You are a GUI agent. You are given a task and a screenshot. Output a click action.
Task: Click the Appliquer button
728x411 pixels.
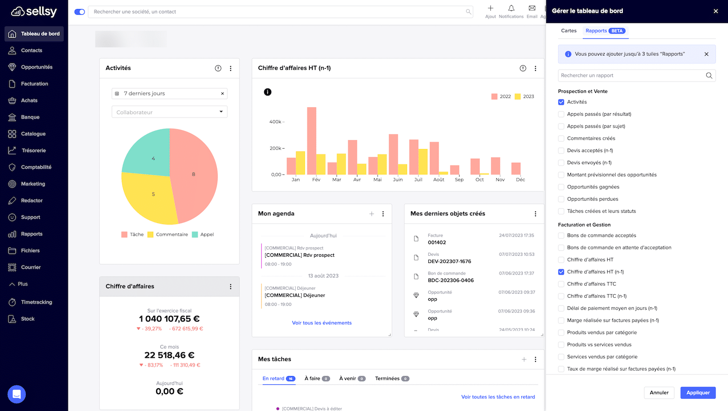[698, 392]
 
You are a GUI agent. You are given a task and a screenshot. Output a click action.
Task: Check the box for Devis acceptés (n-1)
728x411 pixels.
[561, 151]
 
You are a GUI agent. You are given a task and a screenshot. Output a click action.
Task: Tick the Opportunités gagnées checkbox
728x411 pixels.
[561, 187]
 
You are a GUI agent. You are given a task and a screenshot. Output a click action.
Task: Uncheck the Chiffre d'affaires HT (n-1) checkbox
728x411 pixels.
[561, 272]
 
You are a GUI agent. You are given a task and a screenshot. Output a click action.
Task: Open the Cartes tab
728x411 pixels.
[569, 31]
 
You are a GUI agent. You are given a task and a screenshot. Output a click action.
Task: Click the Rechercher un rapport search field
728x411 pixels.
[632, 75]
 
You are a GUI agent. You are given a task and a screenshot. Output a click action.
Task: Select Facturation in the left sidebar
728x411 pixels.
[34, 84]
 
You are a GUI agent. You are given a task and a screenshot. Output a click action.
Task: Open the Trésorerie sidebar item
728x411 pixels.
[33, 151]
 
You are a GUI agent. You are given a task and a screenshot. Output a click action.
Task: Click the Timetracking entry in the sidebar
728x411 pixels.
[36, 302]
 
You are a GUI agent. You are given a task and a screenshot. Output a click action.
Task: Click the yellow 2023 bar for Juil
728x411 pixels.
[423, 162]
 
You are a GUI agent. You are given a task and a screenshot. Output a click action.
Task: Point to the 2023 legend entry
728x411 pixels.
[524, 97]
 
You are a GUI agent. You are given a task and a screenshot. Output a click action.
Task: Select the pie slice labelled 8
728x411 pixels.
[195, 174]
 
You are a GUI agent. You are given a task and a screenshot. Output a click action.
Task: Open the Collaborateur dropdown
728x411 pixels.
[169, 112]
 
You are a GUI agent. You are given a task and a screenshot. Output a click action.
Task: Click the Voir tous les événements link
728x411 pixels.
[322, 323]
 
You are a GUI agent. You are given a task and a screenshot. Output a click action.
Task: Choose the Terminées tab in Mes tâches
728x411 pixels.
[387, 379]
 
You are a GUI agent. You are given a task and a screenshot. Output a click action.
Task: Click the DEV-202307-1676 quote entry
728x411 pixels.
[449, 261]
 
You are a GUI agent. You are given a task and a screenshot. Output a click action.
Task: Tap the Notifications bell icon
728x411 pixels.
[511, 9]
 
